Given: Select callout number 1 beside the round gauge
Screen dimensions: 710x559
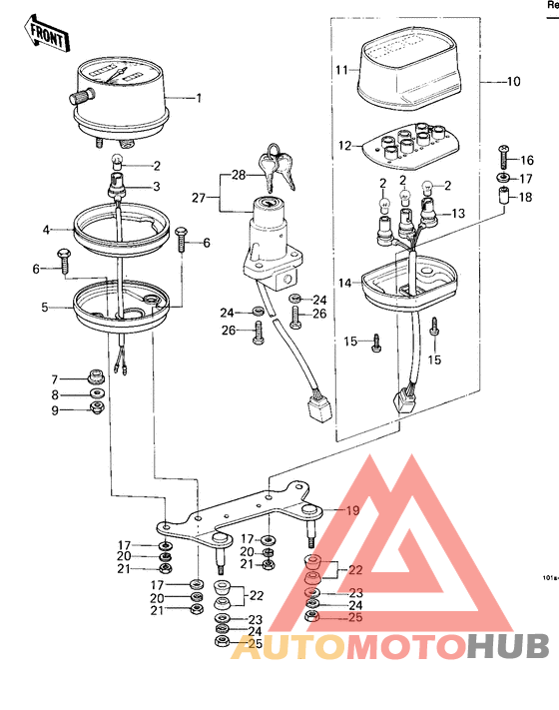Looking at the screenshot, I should click(198, 98).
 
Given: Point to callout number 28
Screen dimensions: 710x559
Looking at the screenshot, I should click(238, 176).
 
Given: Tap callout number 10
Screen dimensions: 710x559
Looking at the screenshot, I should click(514, 81).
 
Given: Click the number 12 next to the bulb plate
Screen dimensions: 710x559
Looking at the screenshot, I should click(343, 146).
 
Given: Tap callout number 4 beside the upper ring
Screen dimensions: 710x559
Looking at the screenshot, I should click(46, 230).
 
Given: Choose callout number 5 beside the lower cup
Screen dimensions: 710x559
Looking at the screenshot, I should click(44, 308).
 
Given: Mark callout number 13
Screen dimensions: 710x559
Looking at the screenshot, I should click(458, 214).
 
